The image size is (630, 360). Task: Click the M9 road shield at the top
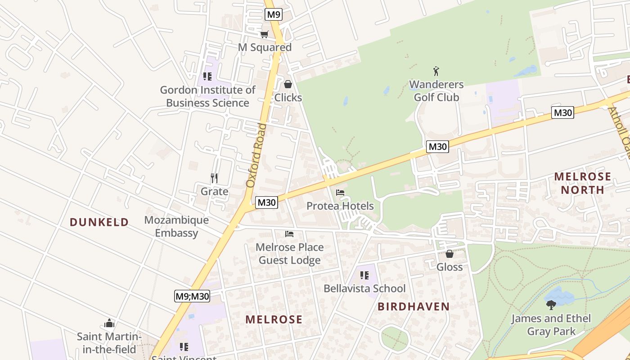(x=274, y=14)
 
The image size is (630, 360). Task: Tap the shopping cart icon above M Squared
(x=265, y=34)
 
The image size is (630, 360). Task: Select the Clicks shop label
(x=288, y=97)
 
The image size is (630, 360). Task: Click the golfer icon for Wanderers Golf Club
(x=436, y=71)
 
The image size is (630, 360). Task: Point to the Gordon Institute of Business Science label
(x=207, y=96)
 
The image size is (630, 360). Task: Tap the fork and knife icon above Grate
(x=214, y=178)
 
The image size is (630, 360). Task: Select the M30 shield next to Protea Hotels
(x=266, y=202)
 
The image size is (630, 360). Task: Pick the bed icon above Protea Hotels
(x=340, y=193)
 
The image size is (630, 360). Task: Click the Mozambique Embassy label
(x=176, y=226)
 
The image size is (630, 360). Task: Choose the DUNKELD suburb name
(x=99, y=222)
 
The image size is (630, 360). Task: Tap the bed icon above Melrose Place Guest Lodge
(x=289, y=234)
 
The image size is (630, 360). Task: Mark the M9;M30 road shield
(x=193, y=296)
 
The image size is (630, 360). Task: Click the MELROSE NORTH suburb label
(x=583, y=183)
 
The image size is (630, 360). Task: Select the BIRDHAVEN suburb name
(x=414, y=307)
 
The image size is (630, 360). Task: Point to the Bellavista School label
(x=364, y=288)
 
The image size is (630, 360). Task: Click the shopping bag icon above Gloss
(x=449, y=254)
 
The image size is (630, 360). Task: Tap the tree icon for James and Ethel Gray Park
(x=551, y=305)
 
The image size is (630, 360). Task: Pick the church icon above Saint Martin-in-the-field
(x=109, y=324)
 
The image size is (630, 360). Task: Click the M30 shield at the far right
(x=562, y=112)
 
